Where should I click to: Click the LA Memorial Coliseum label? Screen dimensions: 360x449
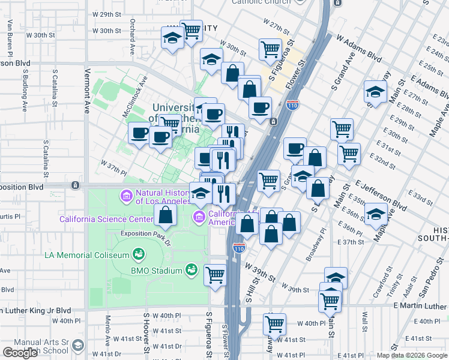86,255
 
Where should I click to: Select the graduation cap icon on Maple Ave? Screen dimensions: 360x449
376,214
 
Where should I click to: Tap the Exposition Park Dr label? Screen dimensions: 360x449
146,233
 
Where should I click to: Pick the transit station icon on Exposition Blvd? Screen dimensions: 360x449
75,185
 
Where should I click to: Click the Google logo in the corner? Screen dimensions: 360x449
20,353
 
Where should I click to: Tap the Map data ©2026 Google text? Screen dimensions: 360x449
412,355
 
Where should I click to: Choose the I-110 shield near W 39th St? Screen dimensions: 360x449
239,248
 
